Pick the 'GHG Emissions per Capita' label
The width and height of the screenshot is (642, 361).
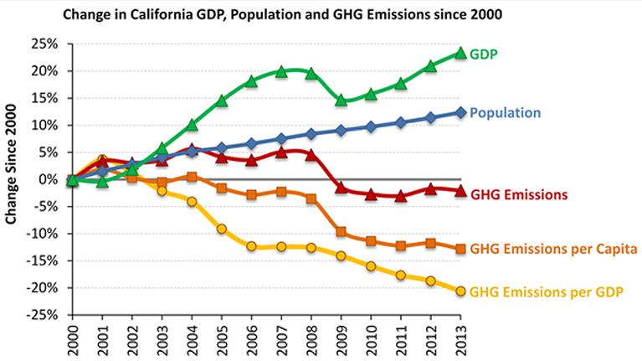click(553, 249)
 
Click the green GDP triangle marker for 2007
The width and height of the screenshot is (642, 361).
click(281, 72)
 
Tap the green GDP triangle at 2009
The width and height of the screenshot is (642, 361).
click(341, 100)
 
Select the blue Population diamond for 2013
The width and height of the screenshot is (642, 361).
click(460, 112)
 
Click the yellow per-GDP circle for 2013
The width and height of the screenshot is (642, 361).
click(460, 291)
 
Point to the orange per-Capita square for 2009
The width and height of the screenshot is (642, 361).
click(341, 232)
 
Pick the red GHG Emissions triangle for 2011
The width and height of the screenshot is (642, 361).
click(400, 196)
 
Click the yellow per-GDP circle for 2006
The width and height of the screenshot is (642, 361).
click(251, 246)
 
